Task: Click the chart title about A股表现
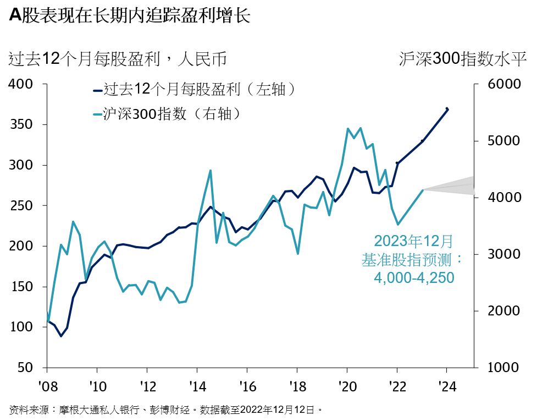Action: pyautogui.click(x=130, y=16)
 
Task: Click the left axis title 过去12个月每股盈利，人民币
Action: pyautogui.click(x=118, y=59)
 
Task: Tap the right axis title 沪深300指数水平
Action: pyautogui.click(x=463, y=59)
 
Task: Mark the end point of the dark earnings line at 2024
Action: pyautogui.click(x=447, y=109)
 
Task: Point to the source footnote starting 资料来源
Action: pyautogui.click(x=165, y=410)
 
